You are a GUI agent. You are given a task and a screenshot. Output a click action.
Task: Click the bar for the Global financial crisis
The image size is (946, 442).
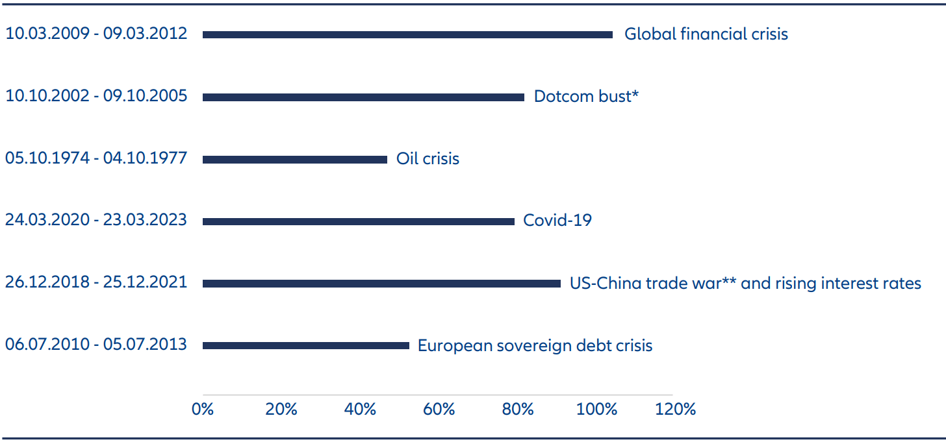pyautogui.click(x=407, y=34)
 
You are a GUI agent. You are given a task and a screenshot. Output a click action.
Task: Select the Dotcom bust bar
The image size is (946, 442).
pyautogui.click(x=363, y=97)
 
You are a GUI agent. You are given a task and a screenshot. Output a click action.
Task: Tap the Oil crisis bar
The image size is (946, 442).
pyautogui.click(x=295, y=159)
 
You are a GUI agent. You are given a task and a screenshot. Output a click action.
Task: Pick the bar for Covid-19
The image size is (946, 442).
pyautogui.click(x=359, y=221)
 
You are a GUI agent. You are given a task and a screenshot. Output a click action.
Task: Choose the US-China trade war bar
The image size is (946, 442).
pyautogui.click(x=381, y=284)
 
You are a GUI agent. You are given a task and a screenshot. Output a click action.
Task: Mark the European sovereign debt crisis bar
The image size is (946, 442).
pyautogui.click(x=306, y=345)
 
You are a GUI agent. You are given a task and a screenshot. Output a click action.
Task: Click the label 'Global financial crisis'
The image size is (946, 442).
pyautogui.click(x=706, y=34)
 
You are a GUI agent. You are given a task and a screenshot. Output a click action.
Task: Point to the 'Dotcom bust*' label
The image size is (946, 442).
pyautogui.click(x=586, y=96)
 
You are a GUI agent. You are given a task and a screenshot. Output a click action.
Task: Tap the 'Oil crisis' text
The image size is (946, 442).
pyautogui.click(x=428, y=158)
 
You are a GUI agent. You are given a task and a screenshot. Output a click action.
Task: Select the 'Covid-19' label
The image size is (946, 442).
pyautogui.click(x=557, y=221)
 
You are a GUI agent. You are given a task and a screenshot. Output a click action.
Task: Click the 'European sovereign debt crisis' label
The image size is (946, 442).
pyautogui.click(x=535, y=345)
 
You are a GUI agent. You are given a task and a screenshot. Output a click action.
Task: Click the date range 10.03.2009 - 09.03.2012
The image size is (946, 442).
pyautogui.click(x=96, y=34)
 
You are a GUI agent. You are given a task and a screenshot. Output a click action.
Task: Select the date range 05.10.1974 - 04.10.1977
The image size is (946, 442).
pyautogui.click(x=96, y=158)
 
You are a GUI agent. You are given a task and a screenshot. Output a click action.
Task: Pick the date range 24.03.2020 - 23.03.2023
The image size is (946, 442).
pyautogui.click(x=96, y=221)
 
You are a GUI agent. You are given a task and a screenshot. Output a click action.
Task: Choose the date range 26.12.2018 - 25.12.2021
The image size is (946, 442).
pyautogui.click(x=96, y=283)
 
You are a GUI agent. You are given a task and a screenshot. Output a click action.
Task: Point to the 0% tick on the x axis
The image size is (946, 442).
pyautogui.click(x=203, y=410)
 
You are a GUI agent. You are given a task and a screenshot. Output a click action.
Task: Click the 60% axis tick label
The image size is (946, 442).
pyautogui.click(x=439, y=410)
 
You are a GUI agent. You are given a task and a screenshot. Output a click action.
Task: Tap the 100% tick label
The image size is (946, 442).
pyautogui.click(x=596, y=410)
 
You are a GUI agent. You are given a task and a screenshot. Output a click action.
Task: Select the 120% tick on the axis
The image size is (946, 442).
pyautogui.click(x=675, y=410)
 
